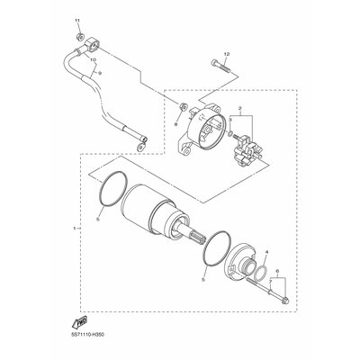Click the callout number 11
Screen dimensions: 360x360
coord(76,20)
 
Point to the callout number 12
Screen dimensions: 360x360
coord(227,55)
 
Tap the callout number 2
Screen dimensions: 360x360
coord(240,107)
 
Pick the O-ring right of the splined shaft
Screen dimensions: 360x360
coord(209,245)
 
